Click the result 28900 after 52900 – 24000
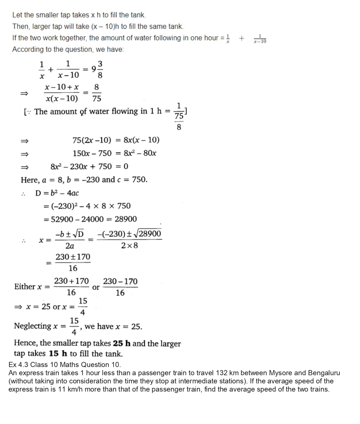click(x=126, y=219)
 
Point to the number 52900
click(x=62, y=219)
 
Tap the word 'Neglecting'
click(x=32, y=326)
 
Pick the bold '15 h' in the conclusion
click(x=58, y=353)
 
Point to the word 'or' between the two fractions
click(x=96, y=287)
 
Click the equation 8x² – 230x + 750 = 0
click(x=89, y=167)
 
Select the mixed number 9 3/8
click(x=97, y=69)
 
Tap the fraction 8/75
click(x=97, y=93)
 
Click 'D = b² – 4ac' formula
click(x=57, y=193)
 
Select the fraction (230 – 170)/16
click(x=120, y=287)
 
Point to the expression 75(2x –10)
click(x=92, y=140)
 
